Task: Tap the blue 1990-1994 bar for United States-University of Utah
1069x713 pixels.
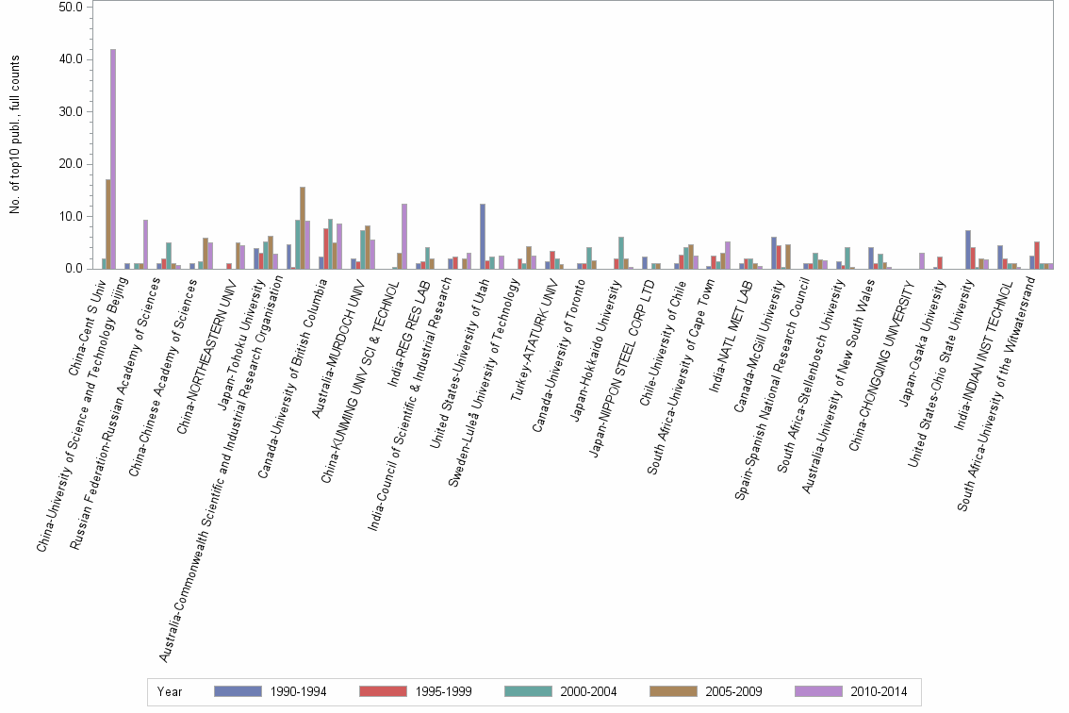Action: tap(483, 236)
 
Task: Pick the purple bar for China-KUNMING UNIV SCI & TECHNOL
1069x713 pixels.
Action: tap(404, 236)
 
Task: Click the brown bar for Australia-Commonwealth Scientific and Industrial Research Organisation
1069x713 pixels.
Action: tap(303, 227)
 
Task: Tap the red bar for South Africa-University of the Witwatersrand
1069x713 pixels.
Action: tap(1037, 255)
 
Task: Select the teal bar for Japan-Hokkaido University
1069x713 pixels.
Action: tap(621, 253)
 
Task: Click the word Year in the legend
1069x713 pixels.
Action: tap(170, 692)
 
